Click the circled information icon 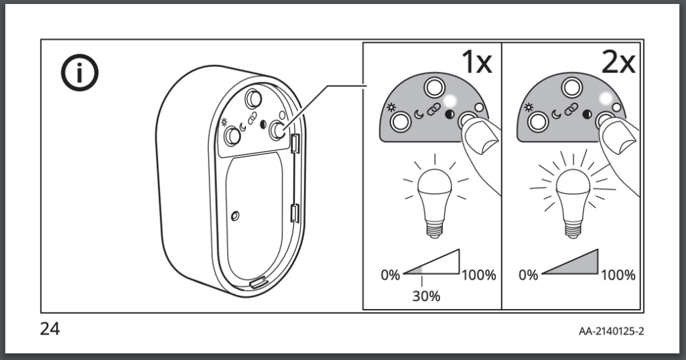[x=79, y=72]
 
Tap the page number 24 [x=50, y=328]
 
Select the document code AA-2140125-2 [x=611, y=331]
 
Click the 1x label [x=477, y=62]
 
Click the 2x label [x=618, y=62]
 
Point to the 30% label [x=426, y=296]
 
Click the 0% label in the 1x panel [x=391, y=275]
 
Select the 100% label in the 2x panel [x=618, y=275]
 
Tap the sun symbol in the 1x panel [x=391, y=108]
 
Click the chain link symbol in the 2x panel [x=571, y=109]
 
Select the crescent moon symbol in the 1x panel [x=419, y=115]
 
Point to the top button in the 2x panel [x=572, y=88]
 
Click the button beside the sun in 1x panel [x=401, y=122]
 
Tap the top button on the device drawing [x=253, y=99]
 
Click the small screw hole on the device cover [x=235, y=216]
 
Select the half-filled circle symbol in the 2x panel [x=587, y=115]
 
